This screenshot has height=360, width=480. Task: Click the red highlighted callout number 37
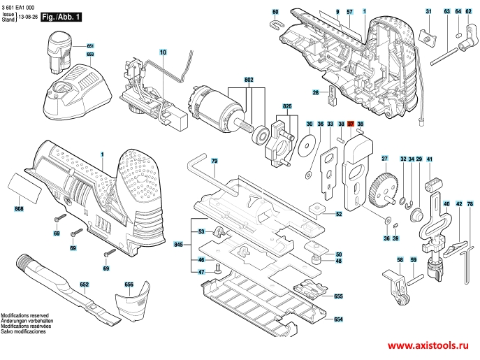351,123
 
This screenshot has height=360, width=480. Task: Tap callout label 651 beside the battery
90,46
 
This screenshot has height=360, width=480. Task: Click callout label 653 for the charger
90,54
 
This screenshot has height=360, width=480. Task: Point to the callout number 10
163,52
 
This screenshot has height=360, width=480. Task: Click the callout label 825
286,106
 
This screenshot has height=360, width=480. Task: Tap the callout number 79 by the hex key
214,162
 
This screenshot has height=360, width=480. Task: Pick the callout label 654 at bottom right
338,319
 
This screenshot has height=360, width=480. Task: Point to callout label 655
338,296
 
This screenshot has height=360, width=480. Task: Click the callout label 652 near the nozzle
85,285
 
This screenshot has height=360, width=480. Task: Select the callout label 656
129,285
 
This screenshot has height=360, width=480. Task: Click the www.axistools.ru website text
430,346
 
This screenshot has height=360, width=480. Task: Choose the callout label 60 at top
275,13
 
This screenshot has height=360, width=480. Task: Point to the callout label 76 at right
470,203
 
